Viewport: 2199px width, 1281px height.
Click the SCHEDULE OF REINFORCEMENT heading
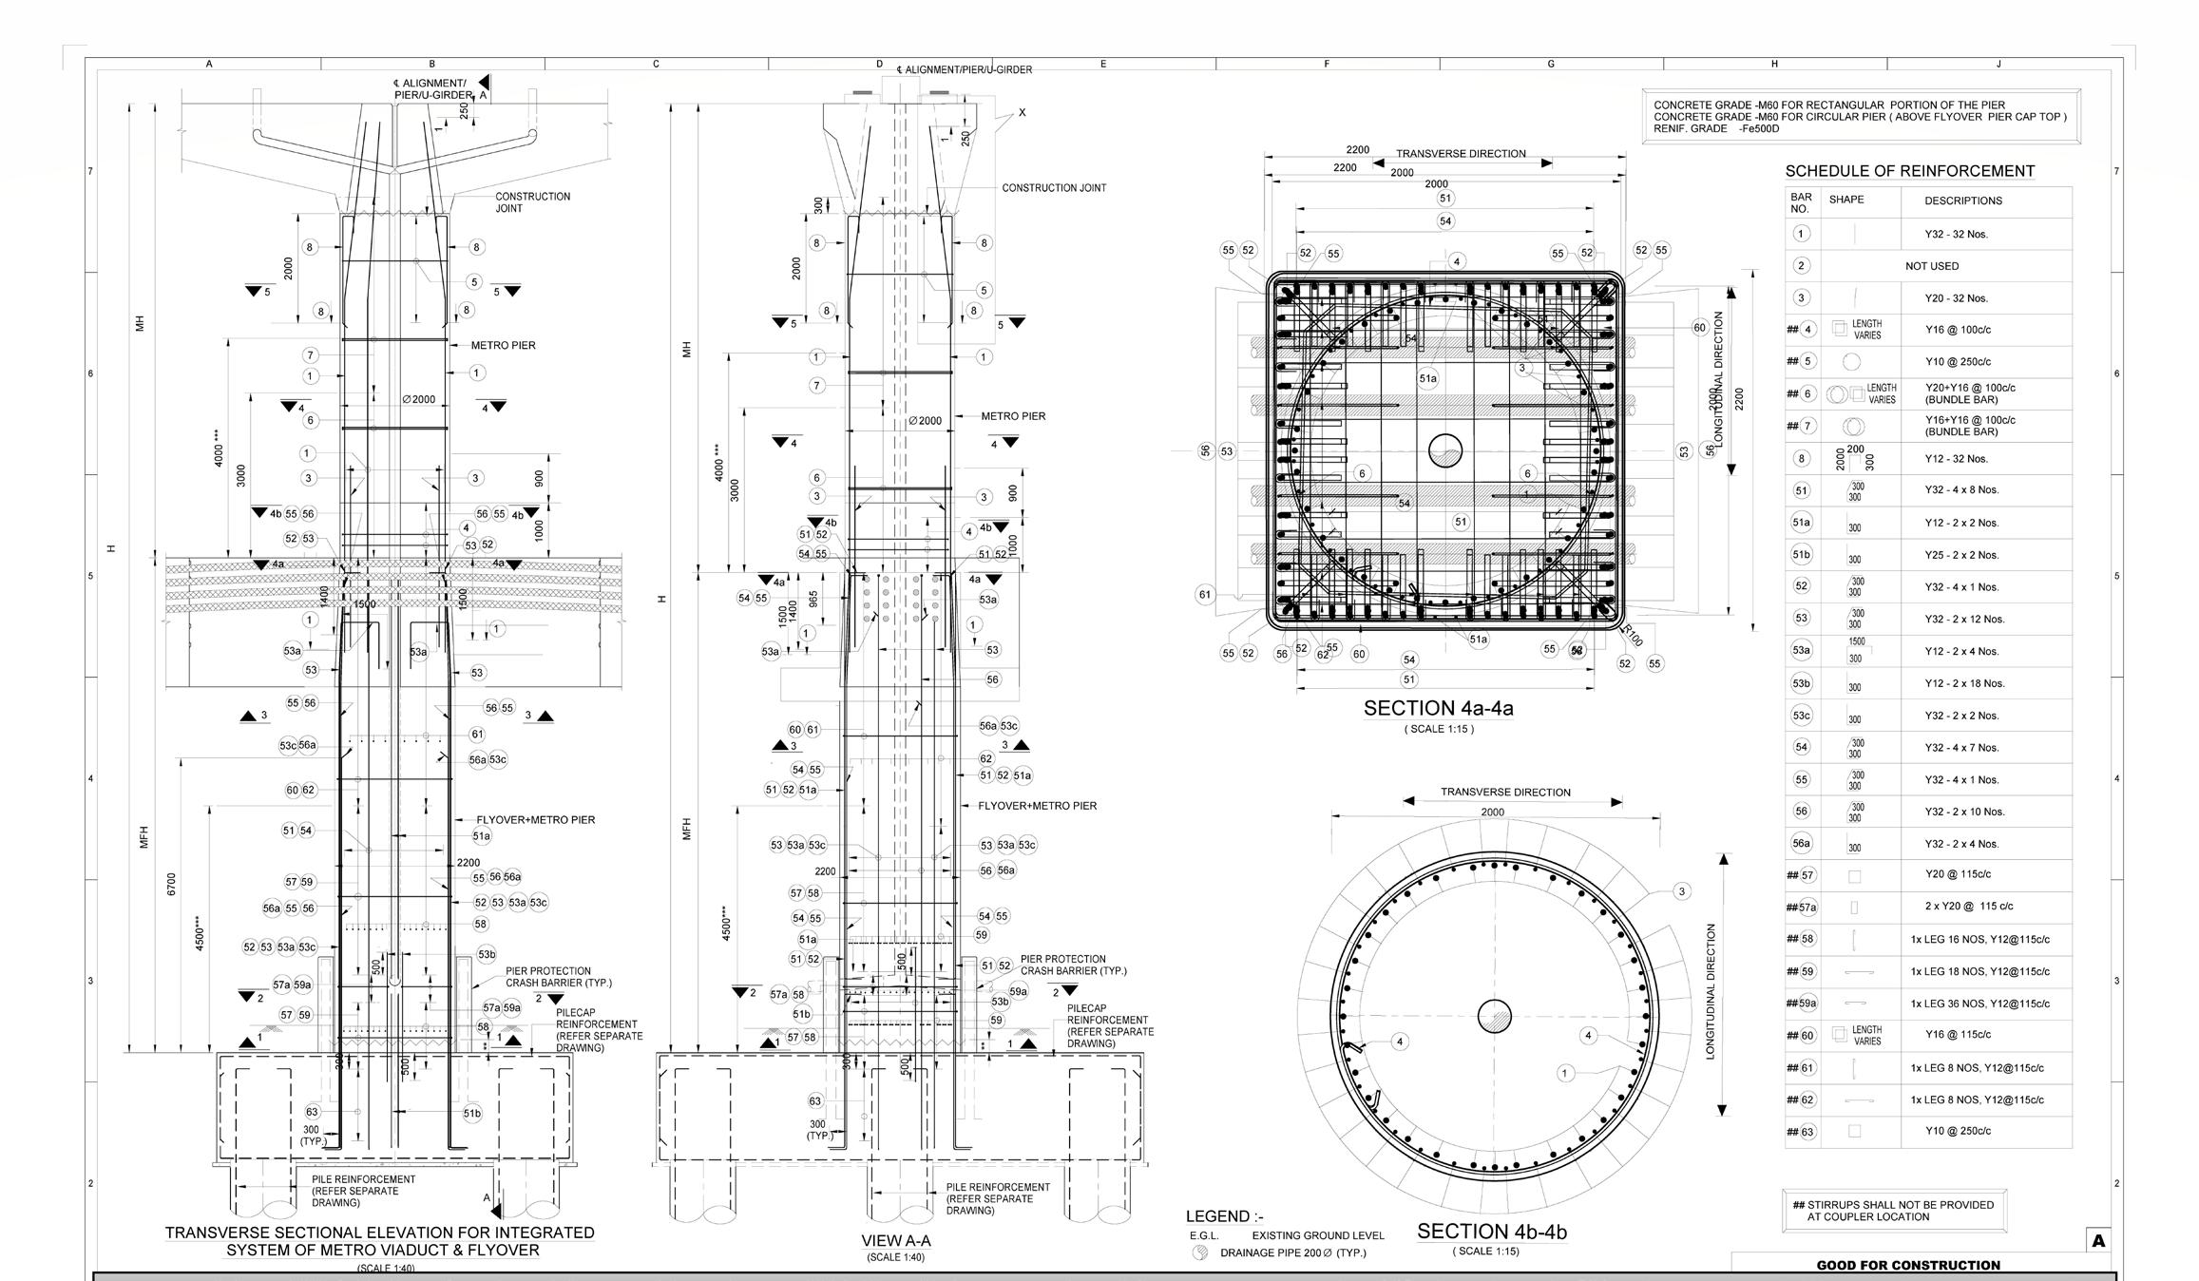1909,171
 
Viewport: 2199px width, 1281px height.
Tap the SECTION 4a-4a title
1438,708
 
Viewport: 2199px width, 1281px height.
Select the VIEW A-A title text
895,1240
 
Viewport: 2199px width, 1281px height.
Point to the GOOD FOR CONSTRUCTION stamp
1907,1265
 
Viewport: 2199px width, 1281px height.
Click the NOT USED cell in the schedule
1931,266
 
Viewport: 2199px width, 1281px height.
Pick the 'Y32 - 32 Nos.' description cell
1956,234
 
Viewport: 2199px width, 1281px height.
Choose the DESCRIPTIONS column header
1962,201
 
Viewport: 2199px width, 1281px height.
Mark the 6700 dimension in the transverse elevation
172,884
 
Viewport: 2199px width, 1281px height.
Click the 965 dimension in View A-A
813,600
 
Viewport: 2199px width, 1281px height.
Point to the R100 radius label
1632,635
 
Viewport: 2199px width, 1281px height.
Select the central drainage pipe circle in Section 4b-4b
1494,1016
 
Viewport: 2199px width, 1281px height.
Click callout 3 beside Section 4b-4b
1681,891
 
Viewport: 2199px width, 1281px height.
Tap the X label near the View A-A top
1022,112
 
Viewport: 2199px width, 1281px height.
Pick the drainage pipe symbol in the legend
1200,1252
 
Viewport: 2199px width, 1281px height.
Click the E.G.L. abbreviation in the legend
1204,1235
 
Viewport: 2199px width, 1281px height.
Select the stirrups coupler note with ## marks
1894,1211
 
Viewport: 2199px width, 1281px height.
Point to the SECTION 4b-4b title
1491,1232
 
